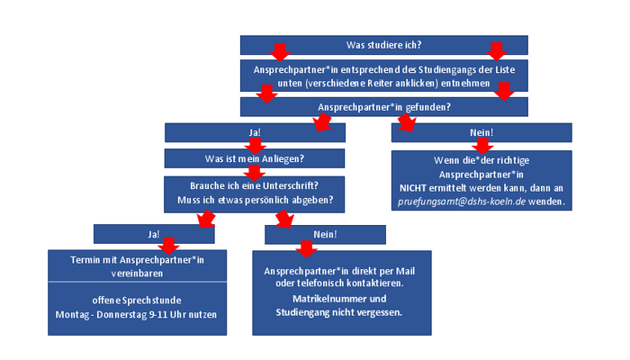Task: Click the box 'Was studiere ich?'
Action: click(383, 45)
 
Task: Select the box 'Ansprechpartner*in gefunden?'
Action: click(383, 107)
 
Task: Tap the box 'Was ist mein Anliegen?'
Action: click(255, 158)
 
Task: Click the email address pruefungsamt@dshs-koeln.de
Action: click(462, 202)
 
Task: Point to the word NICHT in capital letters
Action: click(412, 188)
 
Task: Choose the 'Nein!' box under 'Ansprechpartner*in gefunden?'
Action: click(481, 132)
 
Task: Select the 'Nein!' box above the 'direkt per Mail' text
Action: click(325, 235)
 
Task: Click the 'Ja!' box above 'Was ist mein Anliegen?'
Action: click(255, 132)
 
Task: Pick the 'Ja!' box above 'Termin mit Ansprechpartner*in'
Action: click(154, 234)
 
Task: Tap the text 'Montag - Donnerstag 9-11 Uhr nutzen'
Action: click(136, 315)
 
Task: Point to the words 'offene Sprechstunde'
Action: click(137, 301)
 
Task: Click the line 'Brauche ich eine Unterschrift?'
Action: click(254, 185)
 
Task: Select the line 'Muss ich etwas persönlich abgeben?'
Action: click(255, 200)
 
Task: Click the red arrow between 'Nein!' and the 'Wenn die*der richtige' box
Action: click(482, 146)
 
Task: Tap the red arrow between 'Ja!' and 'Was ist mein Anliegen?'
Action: click(255, 146)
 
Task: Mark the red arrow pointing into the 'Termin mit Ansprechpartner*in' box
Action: click(168, 246)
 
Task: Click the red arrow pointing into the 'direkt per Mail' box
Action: click(307, 249)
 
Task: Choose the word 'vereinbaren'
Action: click(137, 274)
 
